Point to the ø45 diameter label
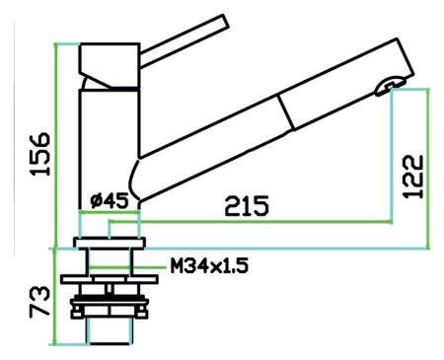(109, 200)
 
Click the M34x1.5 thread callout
(208, 265)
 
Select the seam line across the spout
(285, 112)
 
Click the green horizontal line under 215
(266, 223)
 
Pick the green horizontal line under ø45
(109, 211)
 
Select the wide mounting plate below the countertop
(110, 279)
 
